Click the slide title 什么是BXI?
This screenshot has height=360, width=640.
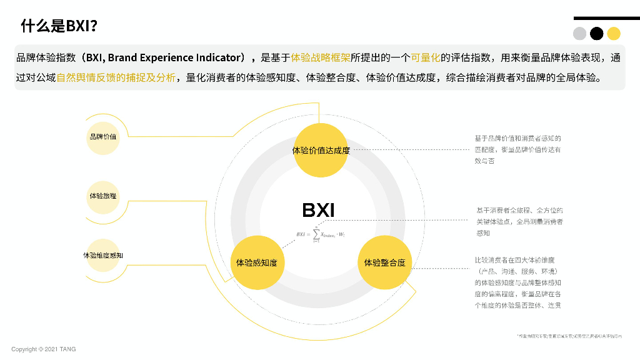59,26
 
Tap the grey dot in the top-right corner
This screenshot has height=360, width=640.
580,34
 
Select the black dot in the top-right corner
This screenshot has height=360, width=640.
597,34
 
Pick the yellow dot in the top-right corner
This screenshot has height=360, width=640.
614,34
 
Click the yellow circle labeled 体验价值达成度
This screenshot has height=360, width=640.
321,150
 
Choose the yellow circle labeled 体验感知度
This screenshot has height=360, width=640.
256,262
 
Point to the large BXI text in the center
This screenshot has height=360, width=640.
318,211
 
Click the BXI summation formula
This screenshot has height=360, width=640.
321,234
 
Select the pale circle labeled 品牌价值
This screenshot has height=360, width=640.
102,136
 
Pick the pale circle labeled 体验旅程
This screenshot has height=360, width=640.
102,196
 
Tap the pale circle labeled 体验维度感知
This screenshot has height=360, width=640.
102,256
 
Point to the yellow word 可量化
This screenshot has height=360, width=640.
425,58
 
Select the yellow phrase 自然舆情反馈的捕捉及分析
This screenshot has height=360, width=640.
116,79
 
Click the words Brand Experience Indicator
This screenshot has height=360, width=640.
174,58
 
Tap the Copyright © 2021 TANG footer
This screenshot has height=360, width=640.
44,349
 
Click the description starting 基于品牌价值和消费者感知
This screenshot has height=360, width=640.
517,149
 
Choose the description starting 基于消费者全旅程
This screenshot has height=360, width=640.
519,221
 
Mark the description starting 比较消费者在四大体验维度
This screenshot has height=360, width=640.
517,282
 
